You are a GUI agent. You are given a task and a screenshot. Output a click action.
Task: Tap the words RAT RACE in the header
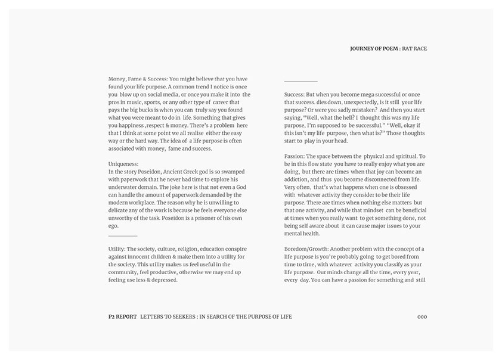coord(415,48)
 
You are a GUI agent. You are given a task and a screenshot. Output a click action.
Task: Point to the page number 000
coord(422,316)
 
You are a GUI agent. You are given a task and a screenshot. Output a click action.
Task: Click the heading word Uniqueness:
coord(124,163)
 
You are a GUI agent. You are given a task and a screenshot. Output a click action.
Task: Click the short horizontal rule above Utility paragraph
coord(123,237)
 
